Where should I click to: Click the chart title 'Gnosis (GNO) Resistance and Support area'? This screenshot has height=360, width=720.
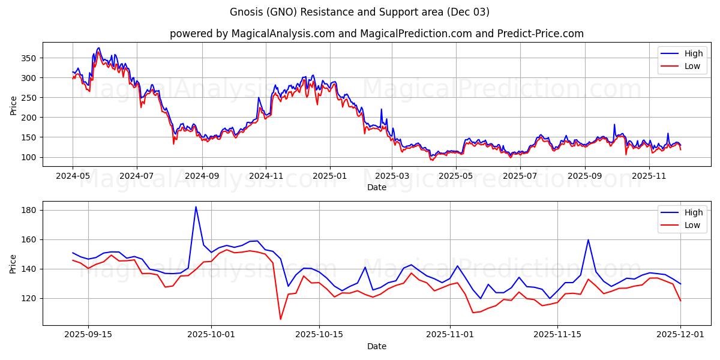point(359,12)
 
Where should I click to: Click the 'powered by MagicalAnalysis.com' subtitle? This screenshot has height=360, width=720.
point(376,34)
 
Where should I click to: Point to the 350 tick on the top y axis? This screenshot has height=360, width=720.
point(30,58)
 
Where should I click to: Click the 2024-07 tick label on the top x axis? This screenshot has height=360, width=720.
point(136,176)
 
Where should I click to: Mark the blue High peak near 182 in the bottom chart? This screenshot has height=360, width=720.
point(196,207)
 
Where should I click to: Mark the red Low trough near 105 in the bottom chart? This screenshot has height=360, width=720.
point(280,319)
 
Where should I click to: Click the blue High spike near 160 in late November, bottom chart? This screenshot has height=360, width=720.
point(588,240)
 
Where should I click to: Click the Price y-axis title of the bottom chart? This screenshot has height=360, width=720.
point(13,263)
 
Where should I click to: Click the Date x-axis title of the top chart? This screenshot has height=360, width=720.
point(376,187)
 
